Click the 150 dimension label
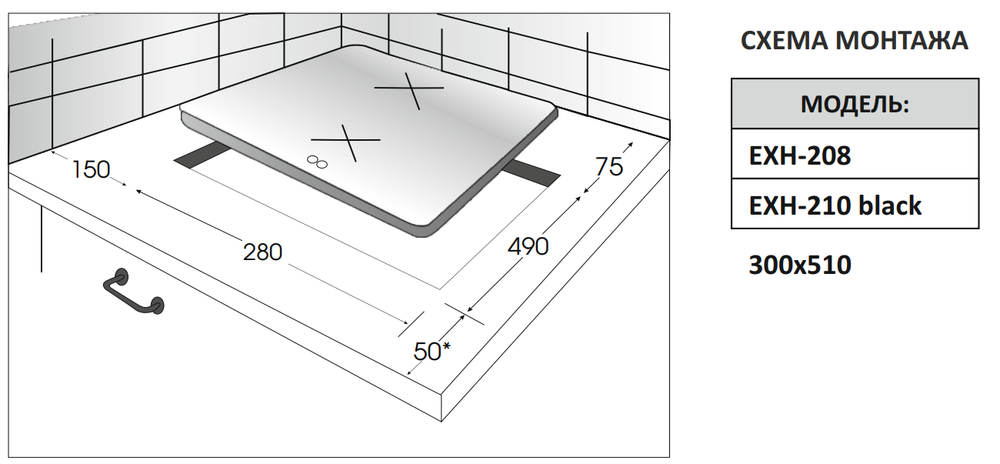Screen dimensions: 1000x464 (91, 170)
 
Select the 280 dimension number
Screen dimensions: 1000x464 (262, 252)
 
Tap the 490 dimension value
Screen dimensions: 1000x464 (528, 246)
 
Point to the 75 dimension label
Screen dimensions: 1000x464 (609, 167)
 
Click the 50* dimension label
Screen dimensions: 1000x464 (432, 351)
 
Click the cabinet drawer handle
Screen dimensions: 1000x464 (134, 292)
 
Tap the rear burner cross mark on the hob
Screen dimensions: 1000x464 (409, 91)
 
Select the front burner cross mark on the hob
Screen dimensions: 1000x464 (346, 142)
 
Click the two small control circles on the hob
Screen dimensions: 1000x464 (317, 162)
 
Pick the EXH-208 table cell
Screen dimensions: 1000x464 (855, 154)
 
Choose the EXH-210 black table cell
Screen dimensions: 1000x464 (855, 204)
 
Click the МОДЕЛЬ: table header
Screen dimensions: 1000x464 (855, 104)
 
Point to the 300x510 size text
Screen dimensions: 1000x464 (800, 265)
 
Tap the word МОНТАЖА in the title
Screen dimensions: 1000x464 (902, 41)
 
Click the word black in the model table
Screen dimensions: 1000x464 (890, 205)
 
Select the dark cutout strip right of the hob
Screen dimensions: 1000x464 (532, 174)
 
